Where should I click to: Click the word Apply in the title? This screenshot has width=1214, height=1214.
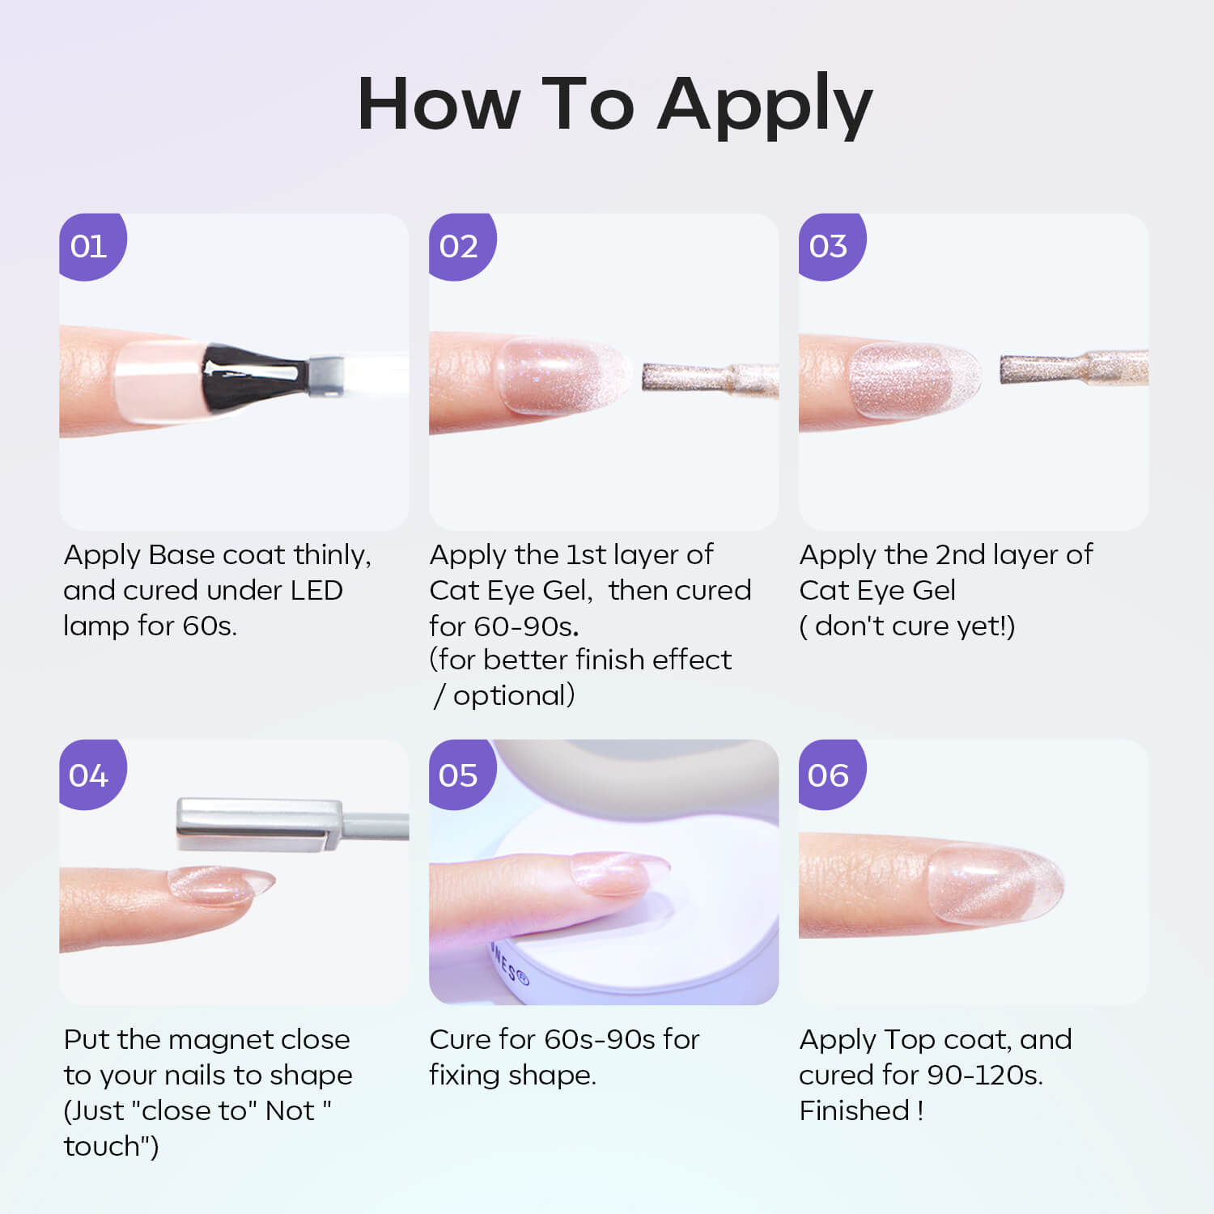click(765, 105)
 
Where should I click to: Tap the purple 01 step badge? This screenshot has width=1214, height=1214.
click(91, 245)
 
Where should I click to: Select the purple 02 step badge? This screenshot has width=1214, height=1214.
click(461, 245)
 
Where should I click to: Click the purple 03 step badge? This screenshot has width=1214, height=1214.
click(830, 245)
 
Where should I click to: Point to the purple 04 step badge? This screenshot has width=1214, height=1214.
click(91, 774)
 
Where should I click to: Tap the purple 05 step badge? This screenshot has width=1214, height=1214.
click(461, 774)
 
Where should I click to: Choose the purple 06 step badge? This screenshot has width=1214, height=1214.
click(830, 774)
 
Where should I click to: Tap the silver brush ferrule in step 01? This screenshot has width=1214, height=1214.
click(325, 376)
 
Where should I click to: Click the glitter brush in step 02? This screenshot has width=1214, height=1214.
click(710, 379)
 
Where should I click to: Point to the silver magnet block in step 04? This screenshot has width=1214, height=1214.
click(259, 824)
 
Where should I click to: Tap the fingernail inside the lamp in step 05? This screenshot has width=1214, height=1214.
click(619, 874)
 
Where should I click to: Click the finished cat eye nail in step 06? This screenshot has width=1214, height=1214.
click(994, 885)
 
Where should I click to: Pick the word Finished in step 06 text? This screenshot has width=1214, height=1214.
click(855, 1110)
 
